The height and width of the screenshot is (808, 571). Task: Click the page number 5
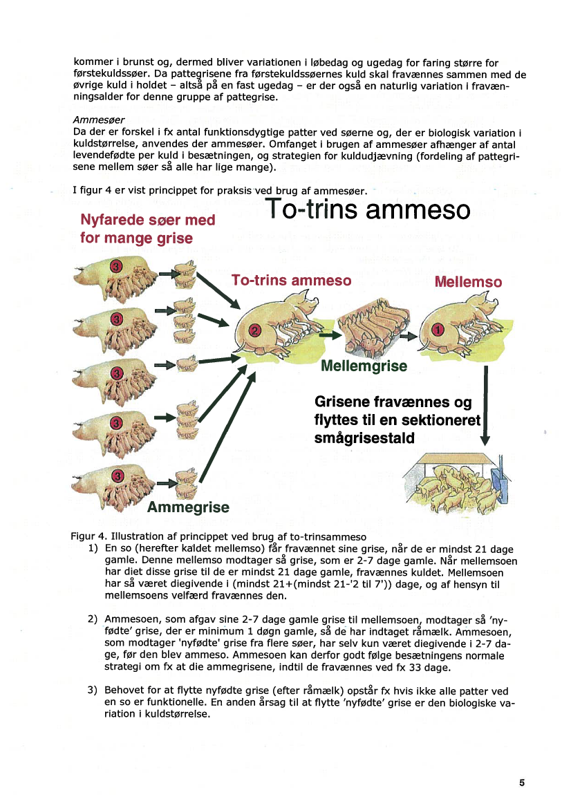[x=522, y=782]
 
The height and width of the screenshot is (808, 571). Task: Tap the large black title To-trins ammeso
[x=367, y=209]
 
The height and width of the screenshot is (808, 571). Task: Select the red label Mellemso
[x=467, y=282]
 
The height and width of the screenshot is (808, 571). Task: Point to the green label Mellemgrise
[x=364, y=366]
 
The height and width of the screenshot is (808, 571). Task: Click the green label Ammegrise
[x=188, y=507]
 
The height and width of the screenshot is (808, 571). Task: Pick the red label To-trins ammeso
[x=291, y=281]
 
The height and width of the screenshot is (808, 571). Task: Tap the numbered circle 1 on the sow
[x=437, y=330]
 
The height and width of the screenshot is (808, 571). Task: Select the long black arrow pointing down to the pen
[x=485, y=404]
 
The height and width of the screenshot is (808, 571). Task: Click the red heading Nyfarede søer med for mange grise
[x=147, y=229]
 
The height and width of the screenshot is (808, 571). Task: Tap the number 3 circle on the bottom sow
[x=118, y=476]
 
